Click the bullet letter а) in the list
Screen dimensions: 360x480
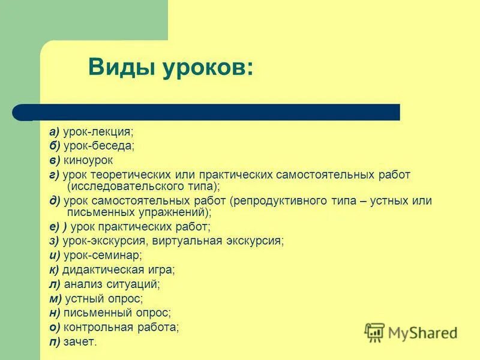[54, 131]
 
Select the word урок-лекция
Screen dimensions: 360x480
[99, 131]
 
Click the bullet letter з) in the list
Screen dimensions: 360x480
[54, 241]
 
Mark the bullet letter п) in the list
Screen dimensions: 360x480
[55, 342]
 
